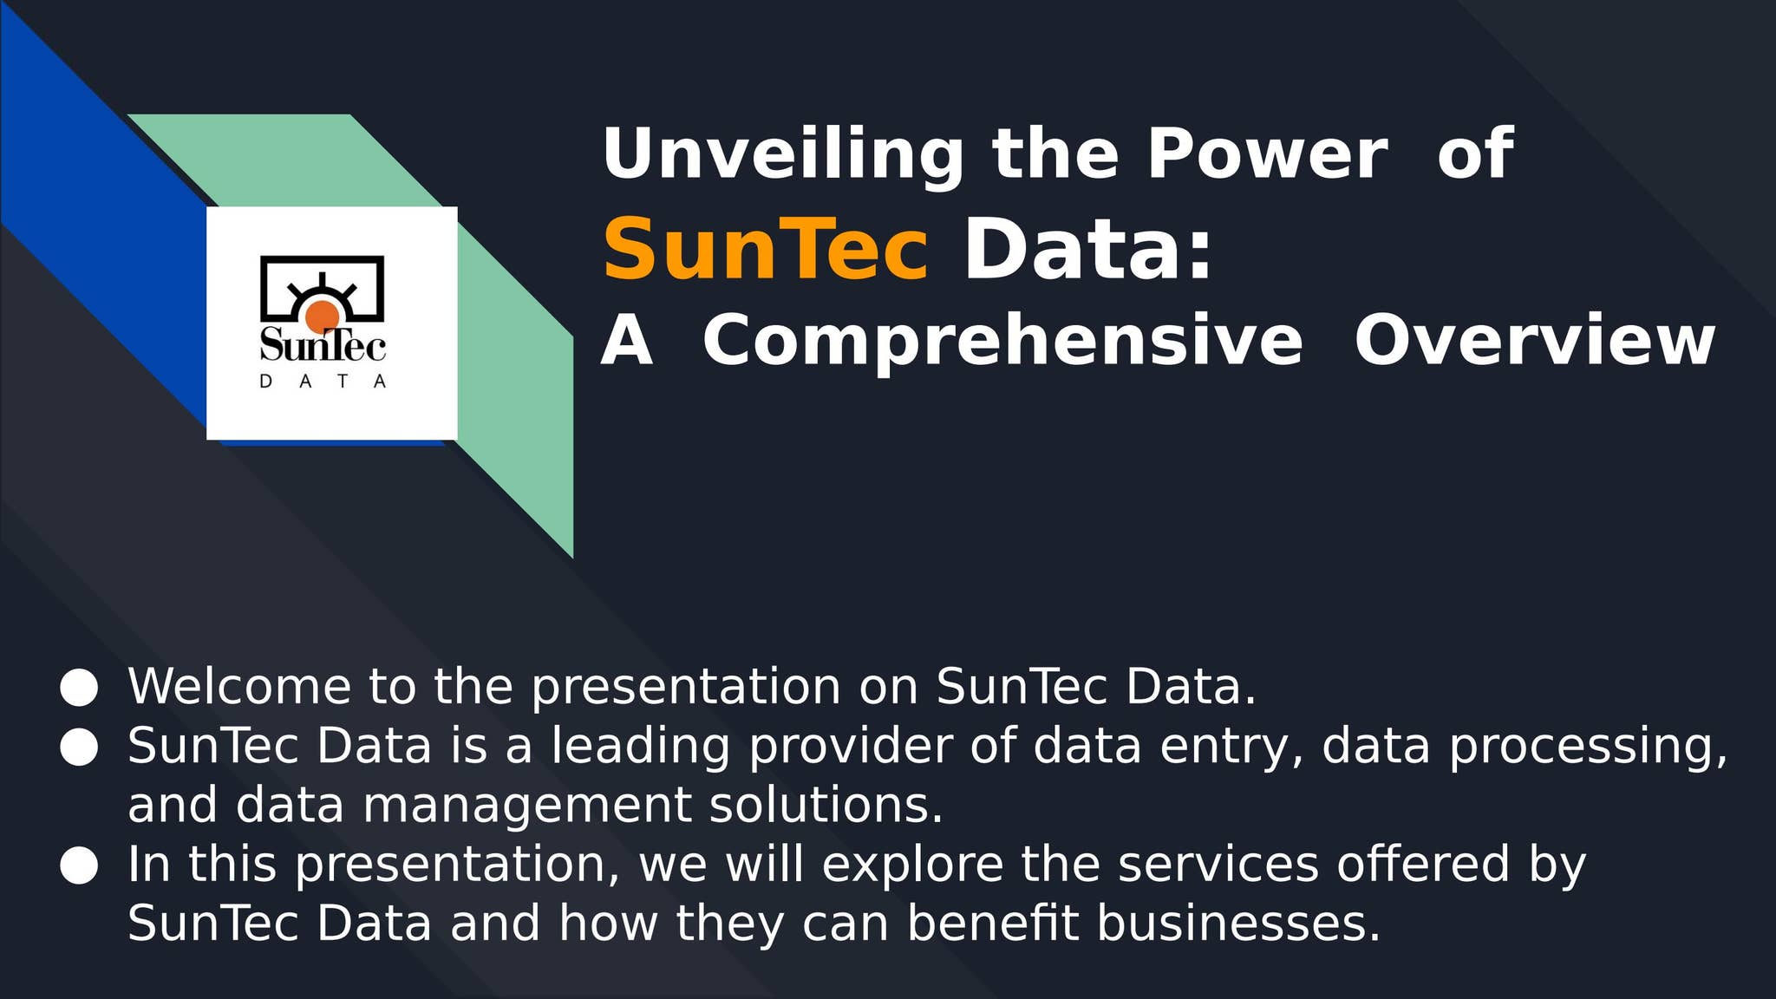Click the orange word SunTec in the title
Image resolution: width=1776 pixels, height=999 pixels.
click(x=765, y=250)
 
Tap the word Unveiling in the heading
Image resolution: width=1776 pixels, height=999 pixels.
click(x=782, y=154)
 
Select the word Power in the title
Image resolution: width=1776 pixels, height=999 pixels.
click(x=1267, y=154)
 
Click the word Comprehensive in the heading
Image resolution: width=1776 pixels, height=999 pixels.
click(x=1002, y=341)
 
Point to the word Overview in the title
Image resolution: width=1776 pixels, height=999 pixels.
click(x=1534, y=341)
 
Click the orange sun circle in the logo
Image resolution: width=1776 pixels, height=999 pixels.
click(x=322, y=317)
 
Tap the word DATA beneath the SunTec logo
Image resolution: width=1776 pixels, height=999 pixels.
click(x=323, y=382)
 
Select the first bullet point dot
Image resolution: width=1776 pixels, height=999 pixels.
click(x=79, y=688)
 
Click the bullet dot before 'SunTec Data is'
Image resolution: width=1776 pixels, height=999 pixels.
click(x=79, y=748)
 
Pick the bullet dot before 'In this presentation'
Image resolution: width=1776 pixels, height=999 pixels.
click(x=79, y=865)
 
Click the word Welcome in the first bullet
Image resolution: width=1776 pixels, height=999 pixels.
click(x=239, y=687)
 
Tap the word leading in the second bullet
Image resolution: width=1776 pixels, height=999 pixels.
click(x=640, y=746)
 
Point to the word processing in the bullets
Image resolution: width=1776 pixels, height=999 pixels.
click(x=1587, y=748)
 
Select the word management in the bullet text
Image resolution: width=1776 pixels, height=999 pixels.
click(x=526, y=806)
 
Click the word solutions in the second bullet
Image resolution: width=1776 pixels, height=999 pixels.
click(x=825, y=805)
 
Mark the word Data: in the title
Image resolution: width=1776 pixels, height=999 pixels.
click(x=1087, y=250)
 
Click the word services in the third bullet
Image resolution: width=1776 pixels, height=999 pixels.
click(x=1218, y=865)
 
